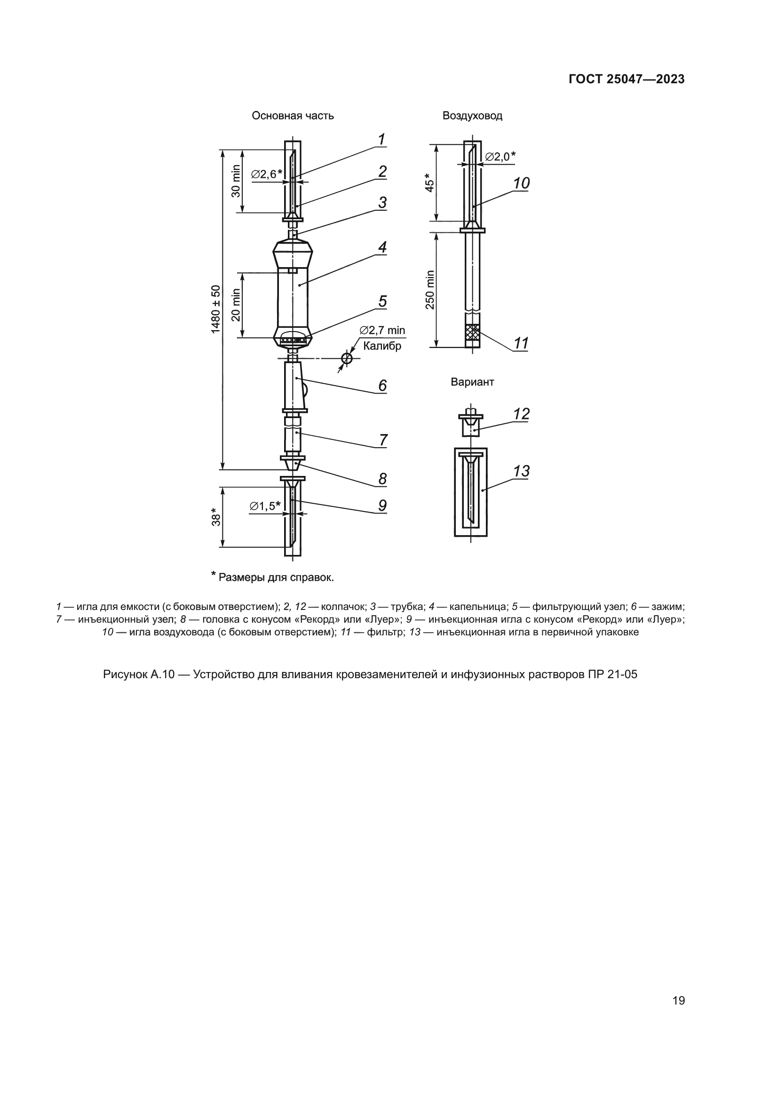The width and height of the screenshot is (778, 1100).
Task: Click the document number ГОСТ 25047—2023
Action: (627, 79)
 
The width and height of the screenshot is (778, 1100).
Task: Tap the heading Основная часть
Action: (293, 116)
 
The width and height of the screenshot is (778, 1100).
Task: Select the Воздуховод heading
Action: (472, 116)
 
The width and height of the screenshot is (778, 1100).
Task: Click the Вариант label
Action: (472, 382)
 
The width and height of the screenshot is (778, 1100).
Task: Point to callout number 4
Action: (382, 248)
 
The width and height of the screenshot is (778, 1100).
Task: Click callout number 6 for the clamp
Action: (382, 386)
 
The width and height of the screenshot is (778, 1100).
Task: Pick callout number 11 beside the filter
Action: (521, 343)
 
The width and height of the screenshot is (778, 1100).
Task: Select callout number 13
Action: (521, 471)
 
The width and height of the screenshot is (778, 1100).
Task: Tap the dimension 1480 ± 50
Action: (216, 309)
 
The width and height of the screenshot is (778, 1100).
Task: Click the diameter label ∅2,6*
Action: (266, 174)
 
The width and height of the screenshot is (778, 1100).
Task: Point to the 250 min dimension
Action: (430, 290)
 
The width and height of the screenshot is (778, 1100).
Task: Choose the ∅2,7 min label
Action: (382, 330)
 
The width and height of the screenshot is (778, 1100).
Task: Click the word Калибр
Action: (382, 346)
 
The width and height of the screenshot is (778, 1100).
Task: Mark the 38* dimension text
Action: (216, 516)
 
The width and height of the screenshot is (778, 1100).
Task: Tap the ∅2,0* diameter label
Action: (500, 157)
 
